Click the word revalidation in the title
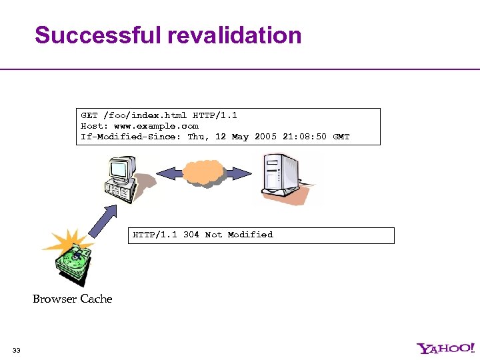(x=235, y=35)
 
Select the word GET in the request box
(x=89, y=115)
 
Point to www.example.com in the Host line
(x=156, y=126)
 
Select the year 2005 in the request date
(x=265, y=137)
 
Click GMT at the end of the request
(x=341, y=137)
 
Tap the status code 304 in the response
(x=191, y=235)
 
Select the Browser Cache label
(x=72, y=299)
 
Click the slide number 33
(x=17, y=350)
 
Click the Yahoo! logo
(x=445, y=348)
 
